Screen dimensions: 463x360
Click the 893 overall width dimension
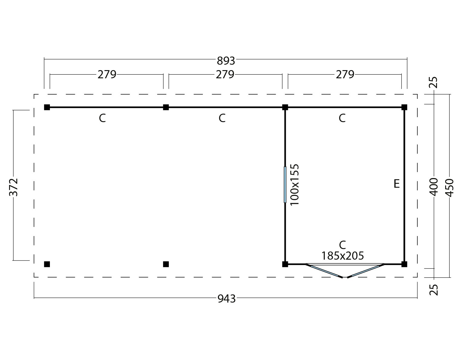click(x=226, y=61)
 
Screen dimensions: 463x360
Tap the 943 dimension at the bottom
click(x=227, y=299)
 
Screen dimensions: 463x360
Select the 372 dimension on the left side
click(x=14, y=187)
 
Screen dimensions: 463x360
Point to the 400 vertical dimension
click(x=434, y=187)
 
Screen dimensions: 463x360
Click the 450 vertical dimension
click(x=450, y=188)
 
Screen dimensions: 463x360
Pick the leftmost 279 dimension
click(x=107, y=75)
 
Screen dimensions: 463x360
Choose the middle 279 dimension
click(x=225, y=75)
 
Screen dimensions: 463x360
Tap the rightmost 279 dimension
click(x=345, y=75)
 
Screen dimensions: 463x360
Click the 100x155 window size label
click(x=295, y=185)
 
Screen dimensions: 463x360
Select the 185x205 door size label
click(x=343, y=256)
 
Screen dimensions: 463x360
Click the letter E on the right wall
click(x=397, y=183)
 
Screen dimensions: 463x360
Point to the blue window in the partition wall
click(x=285, y=185)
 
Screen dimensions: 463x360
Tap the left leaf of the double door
click(x=324, y=271)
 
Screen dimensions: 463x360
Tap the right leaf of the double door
click(x=366, y=271)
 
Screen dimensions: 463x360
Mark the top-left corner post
click(x=47, y=107)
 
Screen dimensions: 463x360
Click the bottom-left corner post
click(x=47, y=264)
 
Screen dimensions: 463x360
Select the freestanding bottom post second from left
click(x=166, y=264)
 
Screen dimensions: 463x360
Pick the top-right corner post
click(x=404, y=107)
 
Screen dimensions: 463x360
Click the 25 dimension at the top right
click(x=434, y=83)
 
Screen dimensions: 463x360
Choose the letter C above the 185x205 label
click(x=342, y=245)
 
